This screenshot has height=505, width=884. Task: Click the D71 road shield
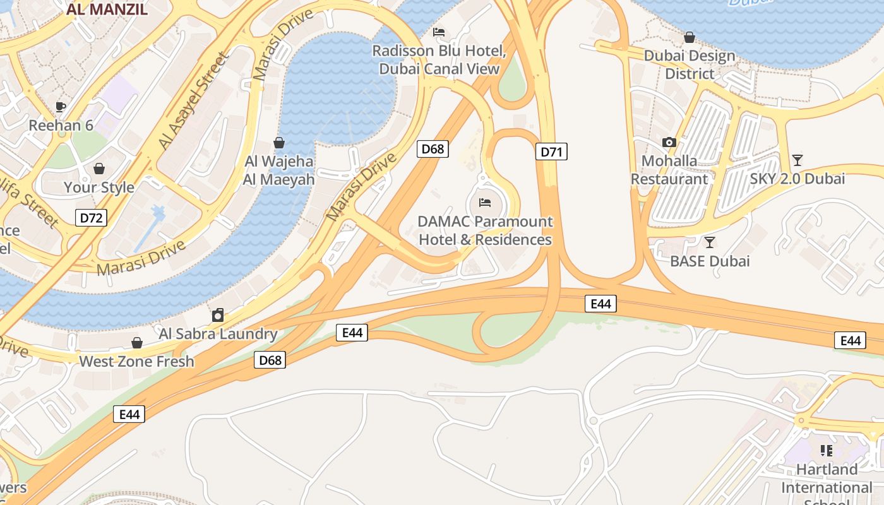coord(551,151)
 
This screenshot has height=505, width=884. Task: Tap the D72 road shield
coord(91,218)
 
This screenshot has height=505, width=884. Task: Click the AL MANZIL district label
coord(107,9)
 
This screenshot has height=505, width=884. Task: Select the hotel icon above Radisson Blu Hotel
coord(439,32)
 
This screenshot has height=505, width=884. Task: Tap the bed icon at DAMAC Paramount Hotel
coord(485,203)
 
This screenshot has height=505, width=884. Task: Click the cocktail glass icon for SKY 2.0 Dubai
coord(797,160)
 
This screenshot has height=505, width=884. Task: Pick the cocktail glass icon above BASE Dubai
coord(710,242)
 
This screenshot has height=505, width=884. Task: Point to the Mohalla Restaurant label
coord(669,170)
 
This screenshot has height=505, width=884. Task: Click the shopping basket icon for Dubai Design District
coord(690,37)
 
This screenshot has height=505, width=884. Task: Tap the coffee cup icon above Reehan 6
coord(61,107)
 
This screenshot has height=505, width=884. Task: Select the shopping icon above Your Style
coord(99,169)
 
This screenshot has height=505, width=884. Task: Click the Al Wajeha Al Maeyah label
coord(278,170)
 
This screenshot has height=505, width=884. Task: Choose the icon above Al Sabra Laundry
coord(218,315)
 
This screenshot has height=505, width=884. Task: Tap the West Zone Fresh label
coord(136,361)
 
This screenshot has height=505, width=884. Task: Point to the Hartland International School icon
coord(826,451)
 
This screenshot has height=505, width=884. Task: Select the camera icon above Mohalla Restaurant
coord(669,142)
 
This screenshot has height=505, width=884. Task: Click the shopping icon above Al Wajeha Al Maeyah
coord(278,143)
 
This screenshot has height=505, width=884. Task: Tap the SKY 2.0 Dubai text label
coord(797,179)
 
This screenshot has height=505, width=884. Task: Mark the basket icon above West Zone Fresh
coord(136,343)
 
